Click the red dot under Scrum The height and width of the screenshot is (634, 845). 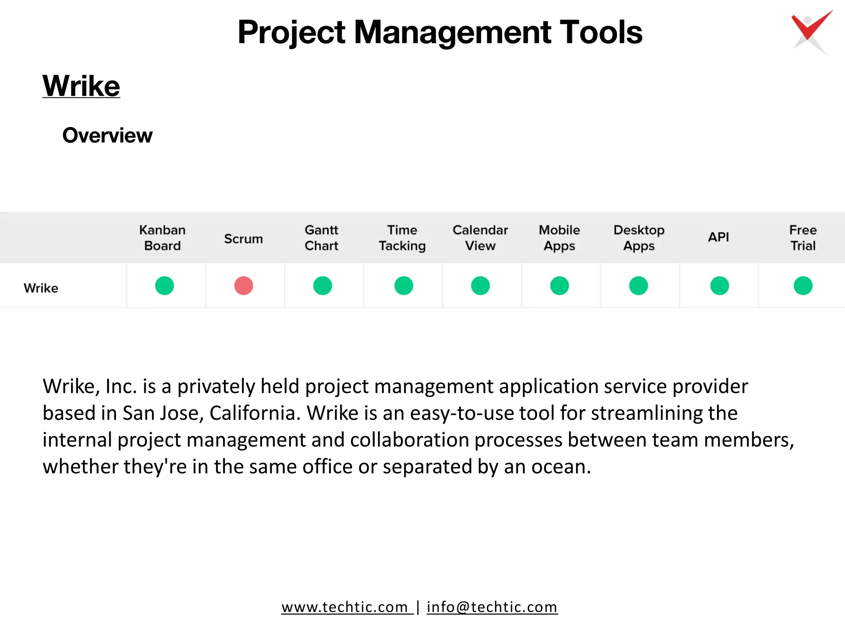coord(243,286)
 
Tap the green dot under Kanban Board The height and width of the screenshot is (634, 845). coord(164,286)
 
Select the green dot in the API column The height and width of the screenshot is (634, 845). coord(719,286)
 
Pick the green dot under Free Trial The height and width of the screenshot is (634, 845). coord(803,286)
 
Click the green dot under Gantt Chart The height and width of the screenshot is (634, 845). coord(322,286)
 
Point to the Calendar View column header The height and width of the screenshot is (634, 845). coord(480,238)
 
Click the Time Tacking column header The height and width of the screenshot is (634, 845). coord(402,238)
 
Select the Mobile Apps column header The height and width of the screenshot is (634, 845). coord(559,238)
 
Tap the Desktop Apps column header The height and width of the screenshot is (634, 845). coord(639,238)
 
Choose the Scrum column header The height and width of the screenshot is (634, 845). coord(243,239)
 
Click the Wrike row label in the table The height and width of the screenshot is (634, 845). coord(41,288)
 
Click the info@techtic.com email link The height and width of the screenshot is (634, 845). coord(492,607)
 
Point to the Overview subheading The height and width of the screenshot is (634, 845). coord(107,135)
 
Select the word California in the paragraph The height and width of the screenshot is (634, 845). coord(255,413)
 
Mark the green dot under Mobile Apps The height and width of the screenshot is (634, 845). coord(559,286)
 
